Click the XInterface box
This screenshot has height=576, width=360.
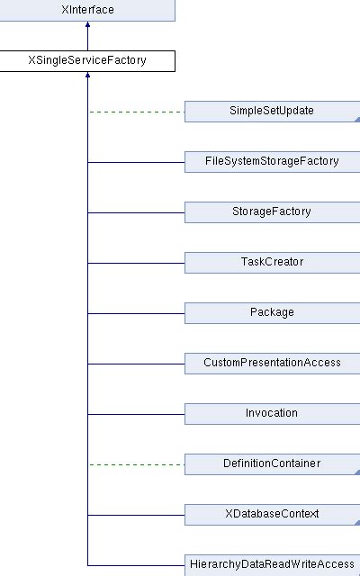click(x=87, y=11)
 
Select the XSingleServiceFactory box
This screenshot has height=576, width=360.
click(x=87, y=61)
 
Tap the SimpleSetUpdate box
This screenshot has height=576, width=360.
click(x=272, y=112)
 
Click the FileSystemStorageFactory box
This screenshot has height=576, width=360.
click(x=272, y=162)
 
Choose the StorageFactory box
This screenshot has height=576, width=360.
click(x=272, y=212)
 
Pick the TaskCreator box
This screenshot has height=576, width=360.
click(x=272, y=263)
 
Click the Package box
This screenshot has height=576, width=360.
click(x=272, y=313)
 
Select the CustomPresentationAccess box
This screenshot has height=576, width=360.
click(x=272, y=364)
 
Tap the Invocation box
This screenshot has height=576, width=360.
click(x=272, y=414)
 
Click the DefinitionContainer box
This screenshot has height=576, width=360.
click(x=272, y=464)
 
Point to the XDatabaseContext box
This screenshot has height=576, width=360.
click(x=272, y=515)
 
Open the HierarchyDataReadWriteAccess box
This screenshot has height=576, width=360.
click(x=272, y=564)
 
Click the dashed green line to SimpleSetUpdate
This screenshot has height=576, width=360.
click(x=135, y=112)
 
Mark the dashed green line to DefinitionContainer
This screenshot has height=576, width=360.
click(x=135, y=464)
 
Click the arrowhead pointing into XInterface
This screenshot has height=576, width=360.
click(x=87, y=27)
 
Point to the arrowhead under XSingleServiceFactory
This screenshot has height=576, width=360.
click(x=87, y=77)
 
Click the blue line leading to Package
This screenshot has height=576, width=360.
click(x=135, y=313)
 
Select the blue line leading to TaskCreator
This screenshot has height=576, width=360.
click(x=135, y=263)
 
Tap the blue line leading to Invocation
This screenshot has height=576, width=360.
click(x=135, y=414)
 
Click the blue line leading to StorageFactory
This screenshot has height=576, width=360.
click(x=135, y=212)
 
